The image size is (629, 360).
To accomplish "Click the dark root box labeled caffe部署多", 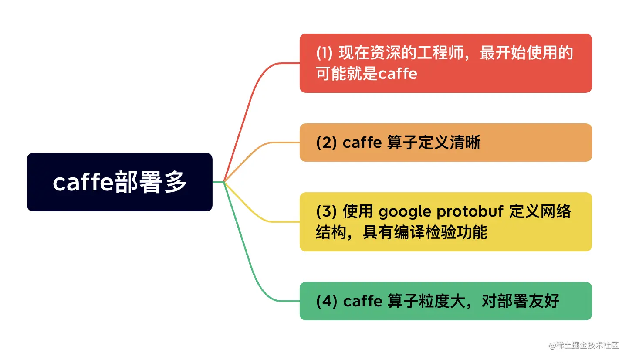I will tap(119, 182).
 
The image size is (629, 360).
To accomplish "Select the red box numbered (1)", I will tap(445, 63).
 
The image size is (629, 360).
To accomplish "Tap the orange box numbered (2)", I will tap(445, 143).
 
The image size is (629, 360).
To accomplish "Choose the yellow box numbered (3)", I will tap(445, 222).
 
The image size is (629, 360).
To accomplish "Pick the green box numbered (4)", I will tap(445, 301).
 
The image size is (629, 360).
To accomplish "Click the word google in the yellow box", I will tap(405, 212).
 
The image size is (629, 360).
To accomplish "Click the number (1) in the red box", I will tap(325, 54).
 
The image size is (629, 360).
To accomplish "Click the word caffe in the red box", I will tap(397, 74).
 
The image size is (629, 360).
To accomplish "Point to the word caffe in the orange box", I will tap(362, 143).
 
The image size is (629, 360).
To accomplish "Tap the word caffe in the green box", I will tap(362, 302).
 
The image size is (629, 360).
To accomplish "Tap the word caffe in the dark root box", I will tap(83, 183).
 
